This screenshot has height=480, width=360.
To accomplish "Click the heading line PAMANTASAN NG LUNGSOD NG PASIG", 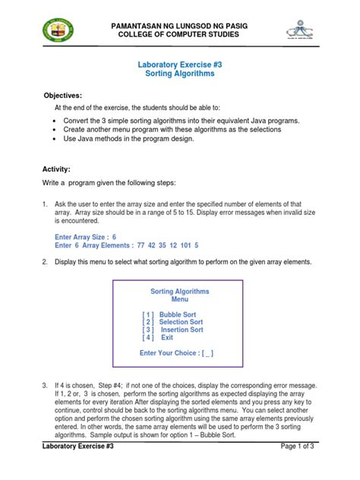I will pos(180,27).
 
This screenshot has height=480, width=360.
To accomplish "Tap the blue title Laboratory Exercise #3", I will pos(180,66).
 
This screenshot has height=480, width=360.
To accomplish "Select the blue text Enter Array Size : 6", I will pos(85,237).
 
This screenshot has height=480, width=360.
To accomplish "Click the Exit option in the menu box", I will pos(166,337).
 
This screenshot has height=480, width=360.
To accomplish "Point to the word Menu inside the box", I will pos(179,299).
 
